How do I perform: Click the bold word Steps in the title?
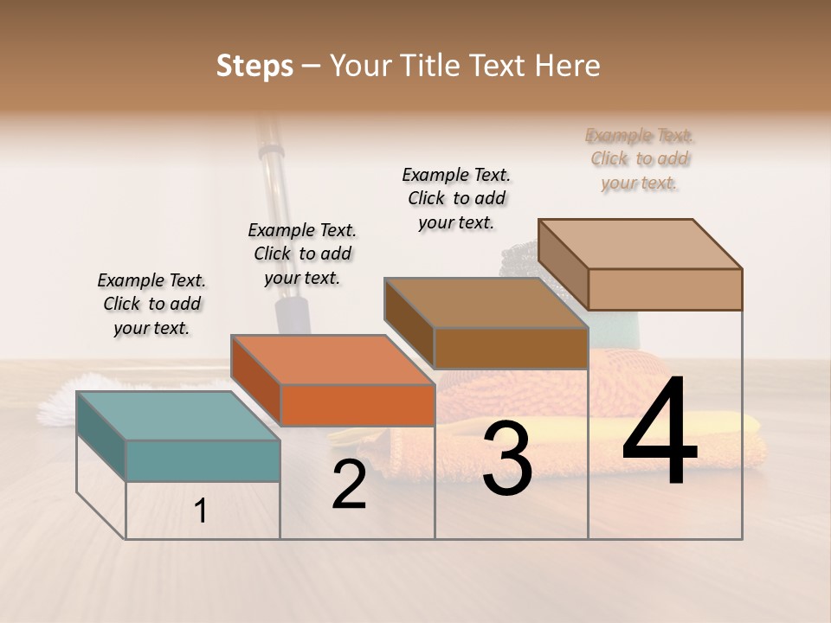[x=254, y=66]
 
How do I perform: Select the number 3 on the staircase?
[x=507, y=459]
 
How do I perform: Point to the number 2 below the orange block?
[x=349, y=485]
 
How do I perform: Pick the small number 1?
[x=201, y=511]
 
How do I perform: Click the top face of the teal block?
[x=177, y=415]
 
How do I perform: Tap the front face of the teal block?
[x=203, y=460]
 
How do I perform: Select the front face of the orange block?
[x=358, y=405]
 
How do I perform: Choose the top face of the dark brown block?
[x=485, y=302]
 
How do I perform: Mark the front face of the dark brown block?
[x=511, y=348]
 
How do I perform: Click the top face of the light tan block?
[x=640, y=243]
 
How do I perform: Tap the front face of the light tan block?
[x=665, y=289]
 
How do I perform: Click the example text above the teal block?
[x=151, y=304]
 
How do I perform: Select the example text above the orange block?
[x=302, y=254]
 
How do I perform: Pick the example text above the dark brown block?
[x=456, y=198]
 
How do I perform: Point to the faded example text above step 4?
[x=640, y=158]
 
